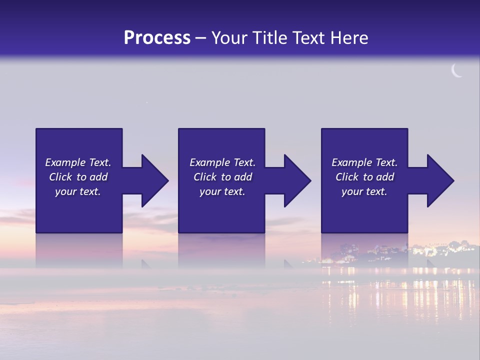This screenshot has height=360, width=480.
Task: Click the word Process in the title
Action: click(157, 38)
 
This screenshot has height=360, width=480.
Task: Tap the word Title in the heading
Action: click(269, 38)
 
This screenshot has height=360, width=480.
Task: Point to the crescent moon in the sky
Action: click(456, 71)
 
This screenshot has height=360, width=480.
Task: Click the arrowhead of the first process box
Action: click(153, 180)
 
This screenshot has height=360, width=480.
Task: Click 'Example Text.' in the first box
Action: click(78, 162)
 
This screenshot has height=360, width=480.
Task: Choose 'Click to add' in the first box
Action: click(78, 177)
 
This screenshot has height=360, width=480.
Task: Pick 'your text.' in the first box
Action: click(78, 191)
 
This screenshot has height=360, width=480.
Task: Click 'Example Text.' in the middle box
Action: click(222, 162)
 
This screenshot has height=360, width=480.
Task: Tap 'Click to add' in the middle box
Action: click(222, 177)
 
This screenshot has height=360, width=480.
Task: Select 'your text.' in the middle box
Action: click(222, 191)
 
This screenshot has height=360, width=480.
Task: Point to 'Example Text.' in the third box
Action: click(364, 162)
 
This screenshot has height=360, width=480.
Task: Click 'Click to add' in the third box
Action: click(364, 177)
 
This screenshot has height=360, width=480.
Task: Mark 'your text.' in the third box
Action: click(364, 191)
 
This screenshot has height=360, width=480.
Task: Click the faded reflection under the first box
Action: click(79, 250)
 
